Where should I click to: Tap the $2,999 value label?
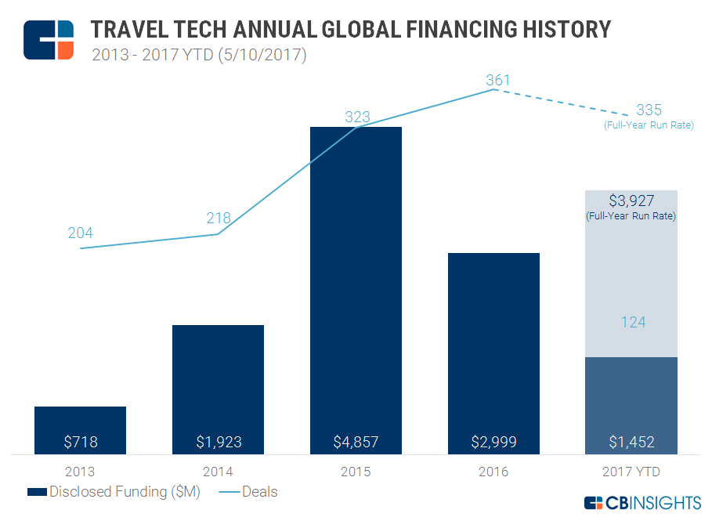tap(493, 442)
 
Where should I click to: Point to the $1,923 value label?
tap(218, 442)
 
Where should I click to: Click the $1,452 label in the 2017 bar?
tap(631, 442)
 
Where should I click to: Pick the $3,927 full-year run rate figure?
tap(631, 201)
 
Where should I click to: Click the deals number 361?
tap(497, 80)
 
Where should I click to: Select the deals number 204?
tap(80, 233)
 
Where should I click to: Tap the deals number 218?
tap(219, 219)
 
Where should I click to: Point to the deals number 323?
tap(357, 117)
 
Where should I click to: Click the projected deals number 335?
tap(649, 110)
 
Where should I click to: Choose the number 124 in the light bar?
tap(631, 322)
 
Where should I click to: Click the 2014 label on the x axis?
tap(218, 472)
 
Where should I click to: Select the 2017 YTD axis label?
tap(631, 472)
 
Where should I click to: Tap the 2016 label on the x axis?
tap(493, 472)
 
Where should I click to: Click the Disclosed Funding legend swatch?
tap(37, 492)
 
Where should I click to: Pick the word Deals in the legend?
tap(259, 492)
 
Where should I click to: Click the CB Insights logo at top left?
tap(49, 39)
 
